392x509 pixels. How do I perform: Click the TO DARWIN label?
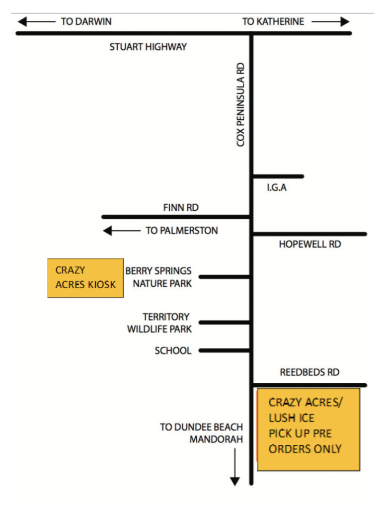click(86, 21)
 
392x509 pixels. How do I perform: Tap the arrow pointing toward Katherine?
click(330, 22)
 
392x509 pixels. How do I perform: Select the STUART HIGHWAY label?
click(148, 47)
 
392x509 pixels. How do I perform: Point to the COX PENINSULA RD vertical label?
click(240, 104)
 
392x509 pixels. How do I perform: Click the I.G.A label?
click(276, 187)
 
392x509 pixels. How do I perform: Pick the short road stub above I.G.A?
click(278, 176)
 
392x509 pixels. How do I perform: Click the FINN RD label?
click(181, 207)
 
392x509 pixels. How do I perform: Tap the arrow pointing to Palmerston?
click(122, 231)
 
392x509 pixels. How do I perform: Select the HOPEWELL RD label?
click(310, 244)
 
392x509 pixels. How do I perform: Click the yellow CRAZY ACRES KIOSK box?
click(85, 278)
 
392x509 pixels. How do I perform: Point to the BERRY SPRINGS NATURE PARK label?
click(158, 277)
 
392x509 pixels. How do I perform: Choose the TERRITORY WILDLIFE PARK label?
click(159, 323)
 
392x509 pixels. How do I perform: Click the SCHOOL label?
click(173, 350)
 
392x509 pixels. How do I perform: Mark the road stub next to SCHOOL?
click(224, 350)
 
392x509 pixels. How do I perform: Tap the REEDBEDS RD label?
click(310, 372)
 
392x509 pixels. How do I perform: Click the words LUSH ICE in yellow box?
click(292, 418)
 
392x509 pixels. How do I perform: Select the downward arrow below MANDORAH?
click(235, 467)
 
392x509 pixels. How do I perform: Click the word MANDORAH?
click(216, 439)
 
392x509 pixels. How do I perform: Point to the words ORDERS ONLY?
click(305, 449)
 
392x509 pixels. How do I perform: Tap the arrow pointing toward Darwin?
click(37, 22)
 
